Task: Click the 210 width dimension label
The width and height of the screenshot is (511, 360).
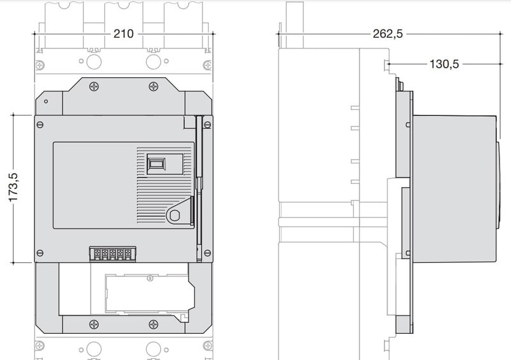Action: click(123, 34)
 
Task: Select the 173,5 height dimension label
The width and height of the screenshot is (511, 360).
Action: click(13, 187)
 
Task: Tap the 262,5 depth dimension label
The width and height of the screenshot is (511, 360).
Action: click(388, 34)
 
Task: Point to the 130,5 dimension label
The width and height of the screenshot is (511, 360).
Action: click(444, 64)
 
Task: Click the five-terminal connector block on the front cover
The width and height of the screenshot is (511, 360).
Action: click(113, 254)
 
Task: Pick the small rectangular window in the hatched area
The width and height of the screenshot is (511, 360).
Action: click(156, 163)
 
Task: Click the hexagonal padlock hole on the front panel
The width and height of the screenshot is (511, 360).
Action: click(175, 215)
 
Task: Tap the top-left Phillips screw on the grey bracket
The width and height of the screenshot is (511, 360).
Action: click(94, 86)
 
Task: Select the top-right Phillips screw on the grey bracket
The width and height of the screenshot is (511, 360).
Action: click(153, 86)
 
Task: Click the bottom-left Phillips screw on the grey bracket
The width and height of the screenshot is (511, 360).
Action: click(94, 324)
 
